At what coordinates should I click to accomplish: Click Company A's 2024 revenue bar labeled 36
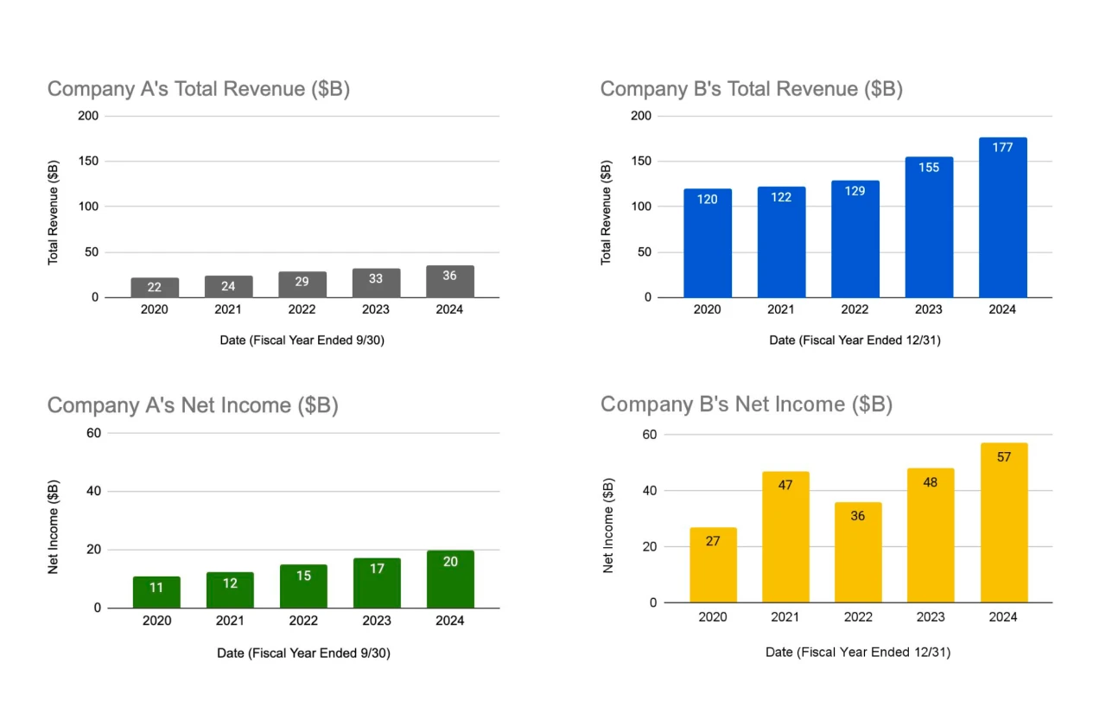click(x=450, y=281)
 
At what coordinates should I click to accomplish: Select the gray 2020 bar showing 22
click(x=155, y=287)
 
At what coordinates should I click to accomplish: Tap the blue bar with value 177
click(x=1003, y=217)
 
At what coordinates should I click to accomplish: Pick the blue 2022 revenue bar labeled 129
click(x=855, y=239)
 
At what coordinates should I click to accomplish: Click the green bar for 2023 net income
click(x=377, y=583)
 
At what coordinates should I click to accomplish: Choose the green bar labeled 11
click(x=156, y=592)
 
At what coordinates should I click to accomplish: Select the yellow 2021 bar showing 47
click(x=785, y=537)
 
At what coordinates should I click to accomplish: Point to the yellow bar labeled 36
click(x=858, y=552)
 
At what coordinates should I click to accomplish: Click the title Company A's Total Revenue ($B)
click(x=199, y=89)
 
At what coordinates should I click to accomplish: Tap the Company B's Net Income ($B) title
click(x=746, y=404)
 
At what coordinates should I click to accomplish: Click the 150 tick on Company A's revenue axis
click(x=88, y=161)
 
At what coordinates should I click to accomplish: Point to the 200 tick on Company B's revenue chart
click(x=640, y=116)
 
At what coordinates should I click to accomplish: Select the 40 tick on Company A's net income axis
click(x=93, y=491)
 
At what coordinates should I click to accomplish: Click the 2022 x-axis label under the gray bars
click(x=302, y=309)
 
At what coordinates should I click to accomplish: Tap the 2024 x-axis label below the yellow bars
click(x=1003, y=617)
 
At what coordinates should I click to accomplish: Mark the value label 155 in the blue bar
click(x=929, y=168)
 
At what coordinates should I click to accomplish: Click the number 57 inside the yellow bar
click(x=1004, y=457)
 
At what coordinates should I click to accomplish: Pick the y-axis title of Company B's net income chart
click(x=608, y=525)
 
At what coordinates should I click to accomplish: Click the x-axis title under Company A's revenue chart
click(x=302, y=341)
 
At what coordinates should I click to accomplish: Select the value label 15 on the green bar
click(x=303, y=576)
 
